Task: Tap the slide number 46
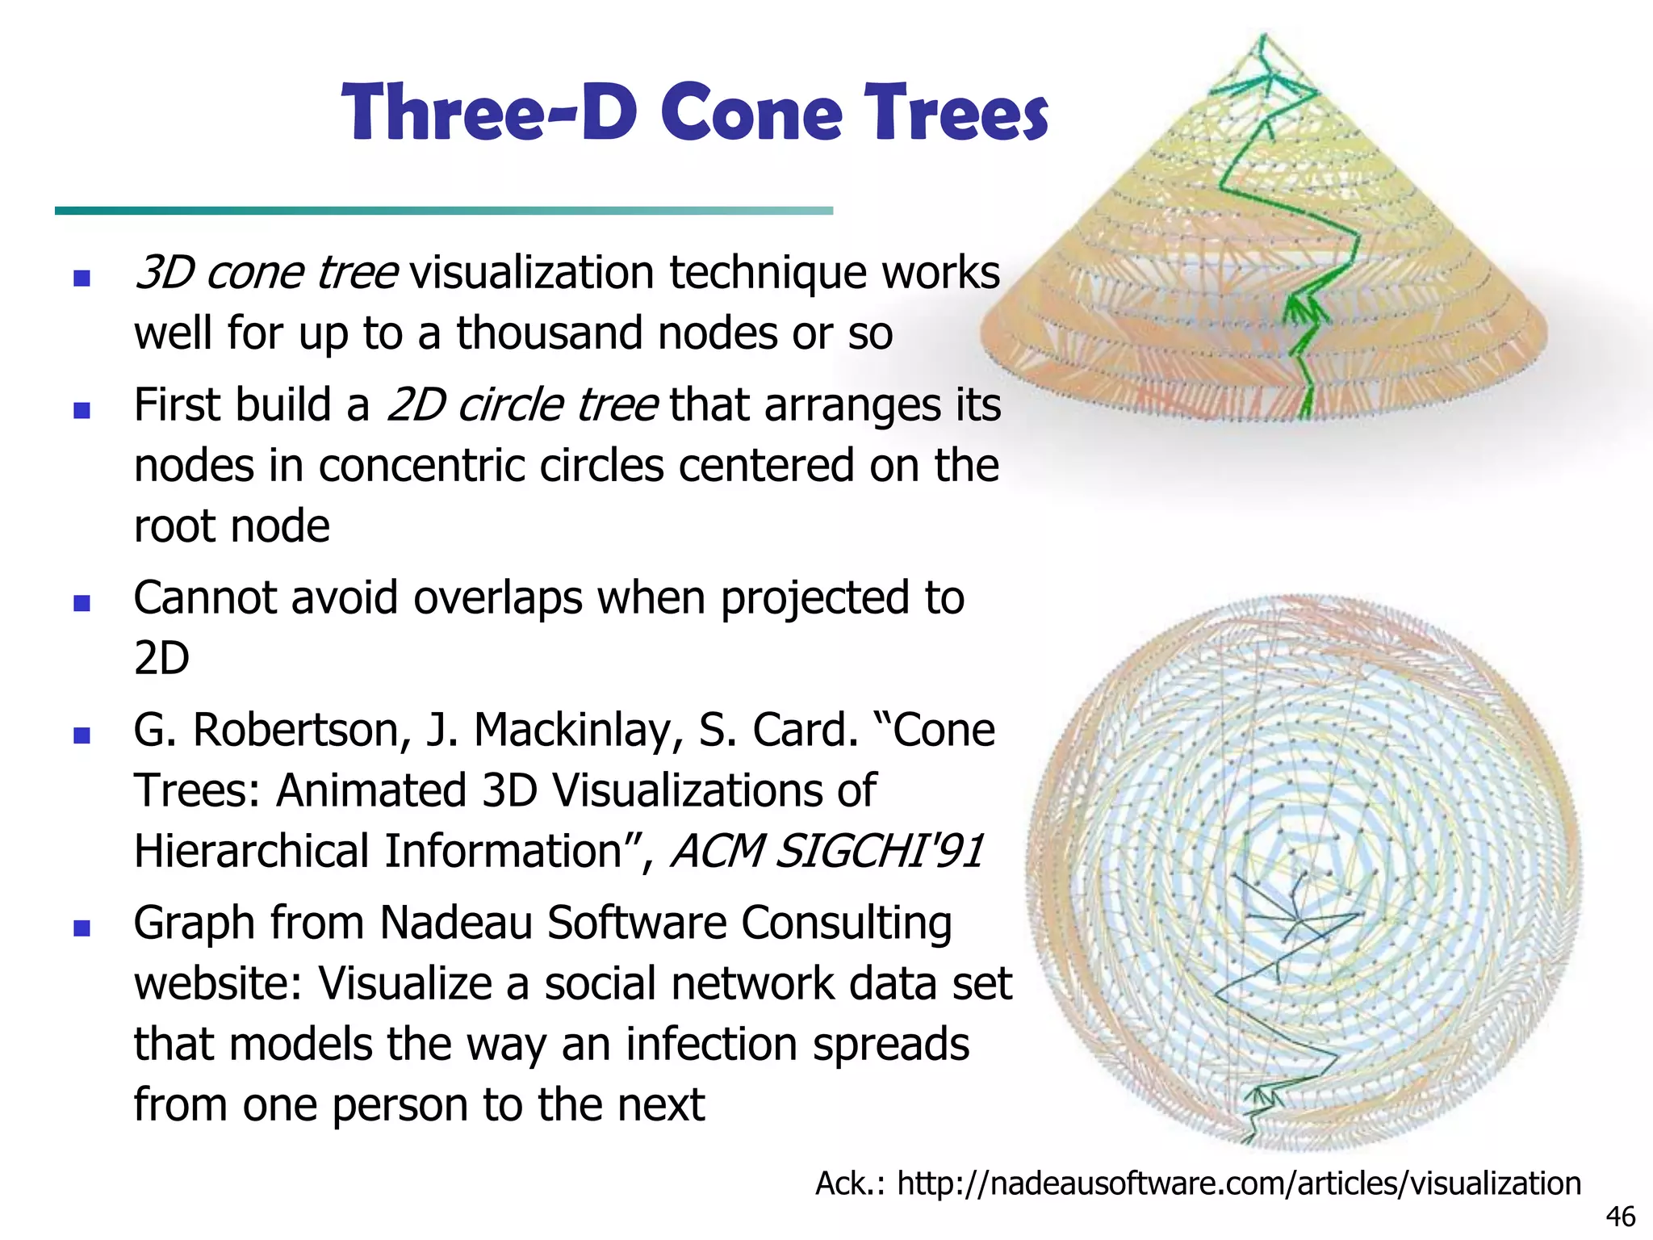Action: click(x=1620, y=1217)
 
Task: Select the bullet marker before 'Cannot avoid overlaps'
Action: click(x=82, y=603)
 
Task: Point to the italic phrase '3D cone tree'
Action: click(x=266, y=273)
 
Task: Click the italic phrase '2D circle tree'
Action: click(x=521, y=405)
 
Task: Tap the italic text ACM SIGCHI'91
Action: click(x=827, y=851)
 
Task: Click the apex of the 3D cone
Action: click(x=1263, y=36)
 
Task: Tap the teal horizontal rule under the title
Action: click(x=443, y=211)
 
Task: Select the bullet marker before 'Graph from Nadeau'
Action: click(x=82, y=928)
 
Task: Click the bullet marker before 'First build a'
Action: click(x=82, y=411)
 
